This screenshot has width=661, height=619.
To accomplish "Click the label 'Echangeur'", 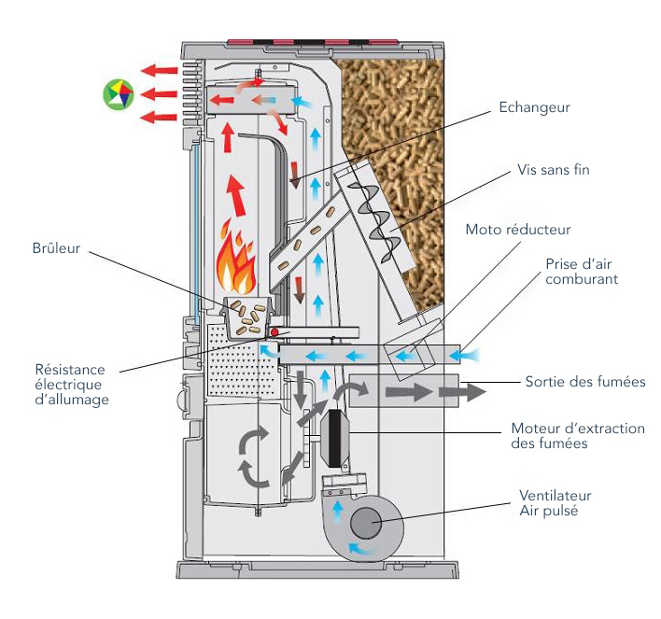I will (533, 107).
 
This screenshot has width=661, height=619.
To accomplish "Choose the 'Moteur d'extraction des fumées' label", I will (578, 436).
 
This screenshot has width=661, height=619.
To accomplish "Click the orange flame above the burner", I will (237, 262).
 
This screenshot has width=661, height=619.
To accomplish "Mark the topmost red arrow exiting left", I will (160, 70).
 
